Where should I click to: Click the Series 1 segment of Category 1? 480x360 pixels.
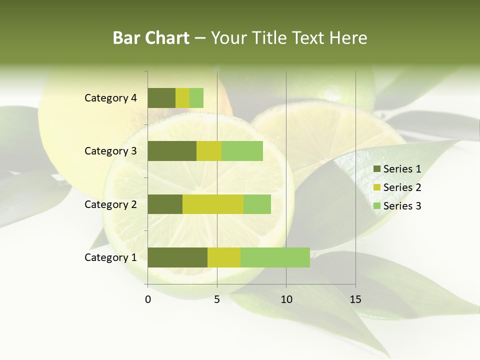pyautogui.click(x=177, y=257)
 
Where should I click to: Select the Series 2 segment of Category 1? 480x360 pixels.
pyautogui.click(x=224, y=257)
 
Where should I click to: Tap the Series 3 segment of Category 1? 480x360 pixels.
pyautogui.click(x=275, y=257)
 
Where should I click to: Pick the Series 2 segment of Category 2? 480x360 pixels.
pyautogui.click(x=213, y=204)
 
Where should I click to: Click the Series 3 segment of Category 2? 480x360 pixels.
pyautogui.click(x=257, y=204)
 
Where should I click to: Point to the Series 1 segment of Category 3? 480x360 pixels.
pyautogui.click(x=172, y=151)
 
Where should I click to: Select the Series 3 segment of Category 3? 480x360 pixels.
pyautogui.click(x=242, y=151)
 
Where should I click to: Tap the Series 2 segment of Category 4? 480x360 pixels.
pyautogui.click(x=182, y=98)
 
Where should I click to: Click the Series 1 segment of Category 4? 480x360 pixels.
pyautogui.click(x=161, y=98)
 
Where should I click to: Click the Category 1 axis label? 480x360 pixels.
pyautogui.click(x=110, y=257)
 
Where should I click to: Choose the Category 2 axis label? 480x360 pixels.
pyautogui.click(x=110, y=204)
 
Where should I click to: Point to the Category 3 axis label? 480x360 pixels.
pyautogui.click(x=110, y=151)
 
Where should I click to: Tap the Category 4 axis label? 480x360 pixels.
pyautogui.click(x=110, y=98)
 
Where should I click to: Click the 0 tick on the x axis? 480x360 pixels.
pyautogui.click(x=148, y=299)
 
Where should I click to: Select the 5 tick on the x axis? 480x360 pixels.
pyautogui.click(x=217, y=299)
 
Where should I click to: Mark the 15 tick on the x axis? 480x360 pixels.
pyautogui.click(x=355, y=299)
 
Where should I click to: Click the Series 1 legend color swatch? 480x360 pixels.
pyautogui.click(x=376, y=169)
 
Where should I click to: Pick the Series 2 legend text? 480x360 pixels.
pyautogui.click(x=402, y=187)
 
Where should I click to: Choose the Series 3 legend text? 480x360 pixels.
pyautogui.click(x=402, y=206)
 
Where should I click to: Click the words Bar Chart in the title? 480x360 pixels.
pyautogui.click(x=151, y=38)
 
